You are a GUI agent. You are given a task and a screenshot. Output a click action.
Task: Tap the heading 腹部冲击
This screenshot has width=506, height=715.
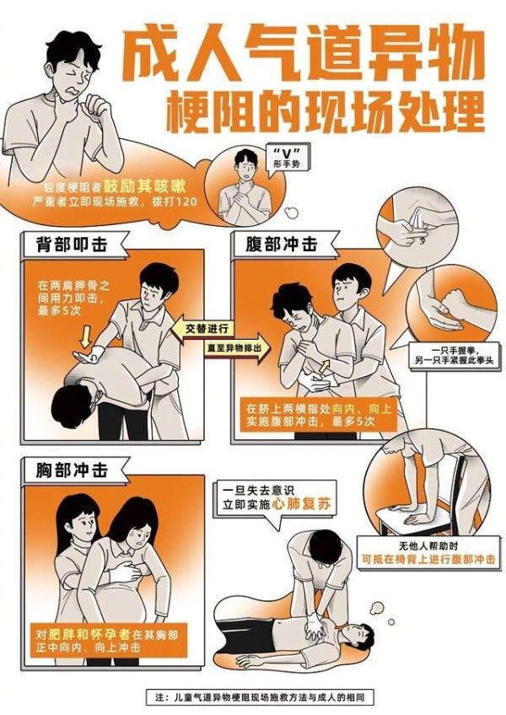(282, 245)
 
